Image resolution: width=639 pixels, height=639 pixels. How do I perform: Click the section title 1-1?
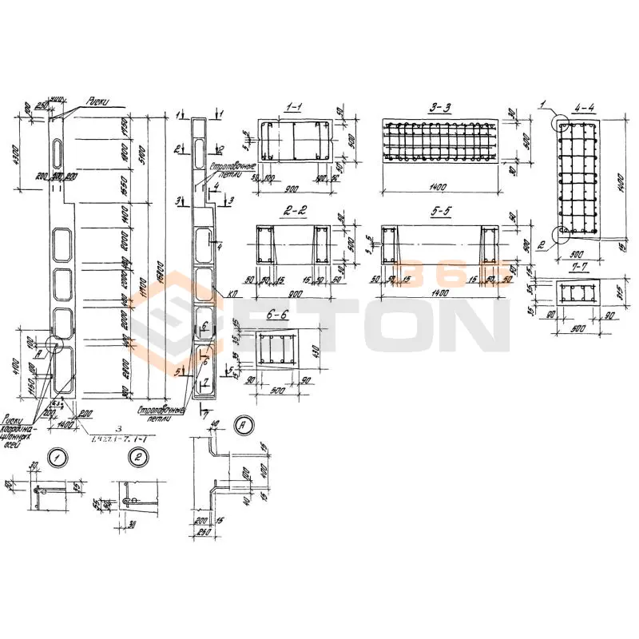tap(293, 106)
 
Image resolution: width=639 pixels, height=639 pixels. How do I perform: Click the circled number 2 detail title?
tap(138, 457)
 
